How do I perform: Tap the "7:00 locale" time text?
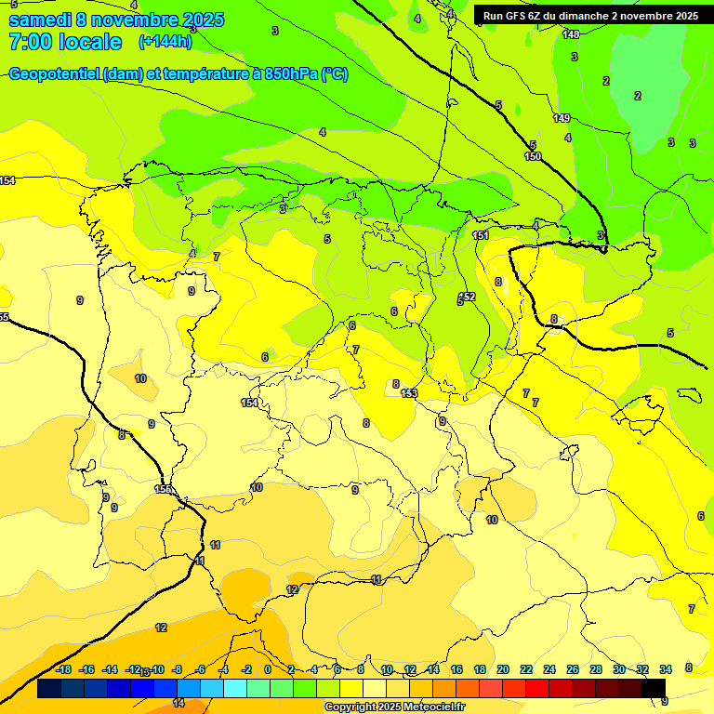coord(64,42)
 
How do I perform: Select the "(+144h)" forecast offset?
coord(165,42)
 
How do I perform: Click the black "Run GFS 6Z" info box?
coord(590,16)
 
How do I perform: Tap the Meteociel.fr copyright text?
coord(395,707)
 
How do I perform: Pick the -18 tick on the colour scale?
coord(63,669)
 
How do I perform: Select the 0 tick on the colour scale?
coord(268,669)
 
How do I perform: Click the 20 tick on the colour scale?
coord(502,669)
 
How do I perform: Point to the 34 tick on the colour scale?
coord(666,669)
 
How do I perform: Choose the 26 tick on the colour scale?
coord(572,669)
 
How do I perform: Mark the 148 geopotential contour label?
coord(571,34)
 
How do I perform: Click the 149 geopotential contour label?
coord(562,118)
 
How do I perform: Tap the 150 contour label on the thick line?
coord(533,156)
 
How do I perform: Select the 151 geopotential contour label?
coord(480,235)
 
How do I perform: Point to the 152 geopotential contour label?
coord(468,297)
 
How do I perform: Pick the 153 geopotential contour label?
coord(408,393)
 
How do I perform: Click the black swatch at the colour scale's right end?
coord(654,689)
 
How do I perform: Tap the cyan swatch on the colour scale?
coord(234,689)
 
